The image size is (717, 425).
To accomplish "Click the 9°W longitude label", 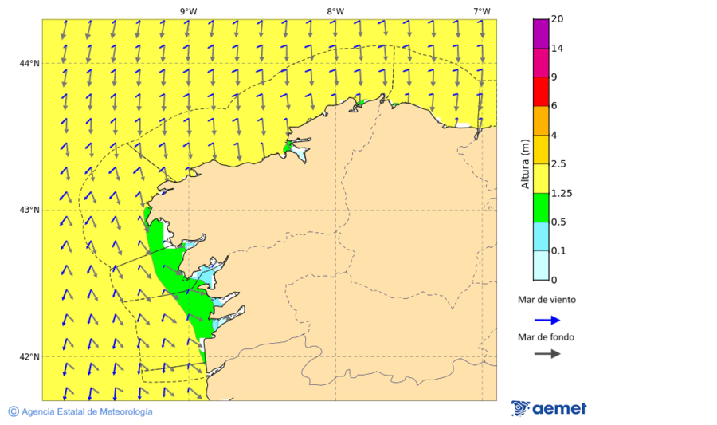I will [x=188, y=11].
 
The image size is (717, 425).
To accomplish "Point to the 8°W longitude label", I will [x=335, y=11].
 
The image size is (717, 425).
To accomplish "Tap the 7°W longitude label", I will [x=481, y=11].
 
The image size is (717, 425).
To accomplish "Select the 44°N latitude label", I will [x=29, y=63].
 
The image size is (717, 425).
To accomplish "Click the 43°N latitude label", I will [x=29, y=210].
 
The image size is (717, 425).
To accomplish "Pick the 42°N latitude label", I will [x=29, y=356].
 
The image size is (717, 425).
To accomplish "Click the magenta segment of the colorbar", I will [x=540, y=33].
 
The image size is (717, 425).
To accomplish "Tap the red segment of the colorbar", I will [x=540, y=92].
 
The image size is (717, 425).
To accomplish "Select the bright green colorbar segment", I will [x=540, y=207].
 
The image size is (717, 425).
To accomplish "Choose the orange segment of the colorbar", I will [x=540, y=120].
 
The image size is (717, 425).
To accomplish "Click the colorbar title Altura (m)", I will [x=524, y=163].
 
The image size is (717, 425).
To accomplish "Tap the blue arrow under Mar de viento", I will [x=547, y=320].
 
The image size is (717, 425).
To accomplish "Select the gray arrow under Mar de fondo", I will [x=547, y=353].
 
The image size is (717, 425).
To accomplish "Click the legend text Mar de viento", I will [x=546, y=301].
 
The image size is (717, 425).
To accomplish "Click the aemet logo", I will [x=549, y=408].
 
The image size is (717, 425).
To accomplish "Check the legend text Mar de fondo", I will [x=546, y=336].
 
